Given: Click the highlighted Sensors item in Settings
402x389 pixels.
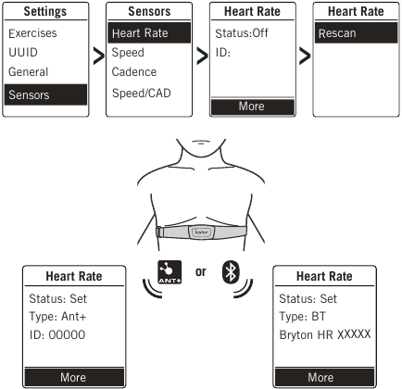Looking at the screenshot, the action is coord(45,94).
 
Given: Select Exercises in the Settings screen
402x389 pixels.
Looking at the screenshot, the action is coord(32,33).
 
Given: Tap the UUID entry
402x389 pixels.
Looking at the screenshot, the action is coord(23,53).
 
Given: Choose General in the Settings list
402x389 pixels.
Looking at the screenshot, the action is coord(29,72).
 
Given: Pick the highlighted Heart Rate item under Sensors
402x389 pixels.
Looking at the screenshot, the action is coord(149,32).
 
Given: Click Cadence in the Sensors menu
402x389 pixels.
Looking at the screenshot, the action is coord(134,72).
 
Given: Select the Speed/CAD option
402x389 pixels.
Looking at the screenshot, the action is coord(142,93).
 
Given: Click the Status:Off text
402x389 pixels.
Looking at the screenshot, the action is coord(242,33).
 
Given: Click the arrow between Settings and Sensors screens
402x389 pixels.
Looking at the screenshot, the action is coord(99,56).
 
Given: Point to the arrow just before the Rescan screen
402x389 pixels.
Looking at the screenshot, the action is coord(305,56).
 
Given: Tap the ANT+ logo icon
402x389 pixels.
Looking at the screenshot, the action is coord(170,272).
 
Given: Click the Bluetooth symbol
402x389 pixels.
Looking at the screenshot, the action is coord(231,272).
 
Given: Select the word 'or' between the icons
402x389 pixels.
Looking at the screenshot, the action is coord(201,271).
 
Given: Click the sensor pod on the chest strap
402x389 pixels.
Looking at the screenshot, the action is coord(202,232).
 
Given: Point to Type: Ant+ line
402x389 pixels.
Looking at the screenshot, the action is coord(57,317).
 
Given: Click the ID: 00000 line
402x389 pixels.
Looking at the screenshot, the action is coord(57,335).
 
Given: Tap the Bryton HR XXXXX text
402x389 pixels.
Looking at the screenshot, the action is coord(325,334).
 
